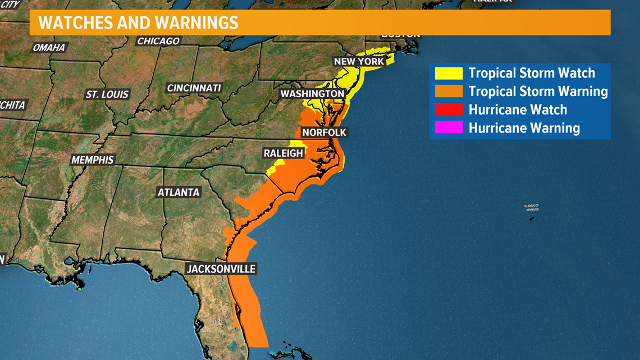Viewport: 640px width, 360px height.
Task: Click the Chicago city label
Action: click(x=159, y=41)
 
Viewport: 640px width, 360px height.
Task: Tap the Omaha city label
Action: click(x=49, y=48)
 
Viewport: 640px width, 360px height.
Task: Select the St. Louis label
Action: click(x=107, y=94)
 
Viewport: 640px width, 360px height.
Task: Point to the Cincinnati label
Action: click(x=194, y=88)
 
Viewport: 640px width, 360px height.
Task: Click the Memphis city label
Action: click(x=92, y=160)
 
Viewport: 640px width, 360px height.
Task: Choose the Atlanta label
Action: click(x=179, y=192)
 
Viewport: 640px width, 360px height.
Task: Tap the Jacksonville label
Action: click(x=221, y=269)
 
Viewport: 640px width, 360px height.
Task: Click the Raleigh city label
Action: click(x=284, y=153)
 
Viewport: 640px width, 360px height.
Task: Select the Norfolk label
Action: click(x=324, y=133)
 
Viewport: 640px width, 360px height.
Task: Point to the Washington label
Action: click(x=313, y=94)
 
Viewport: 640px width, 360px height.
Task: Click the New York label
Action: click(x=359, y=61)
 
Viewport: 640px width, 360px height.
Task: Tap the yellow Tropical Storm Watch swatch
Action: click(x=449, y=73)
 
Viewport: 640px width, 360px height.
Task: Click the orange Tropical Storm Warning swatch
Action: click(x=449, y=91)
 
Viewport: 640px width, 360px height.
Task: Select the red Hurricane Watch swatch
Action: click(x=449, y=110)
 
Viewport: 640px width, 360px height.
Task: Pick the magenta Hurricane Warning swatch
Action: click(x=449, y=127)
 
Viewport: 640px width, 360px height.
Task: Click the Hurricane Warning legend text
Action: click(x=524, y=128)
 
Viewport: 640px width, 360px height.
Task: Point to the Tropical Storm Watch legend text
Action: click(x=532, y=73)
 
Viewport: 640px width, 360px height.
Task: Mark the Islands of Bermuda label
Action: click(x=532, y=207)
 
